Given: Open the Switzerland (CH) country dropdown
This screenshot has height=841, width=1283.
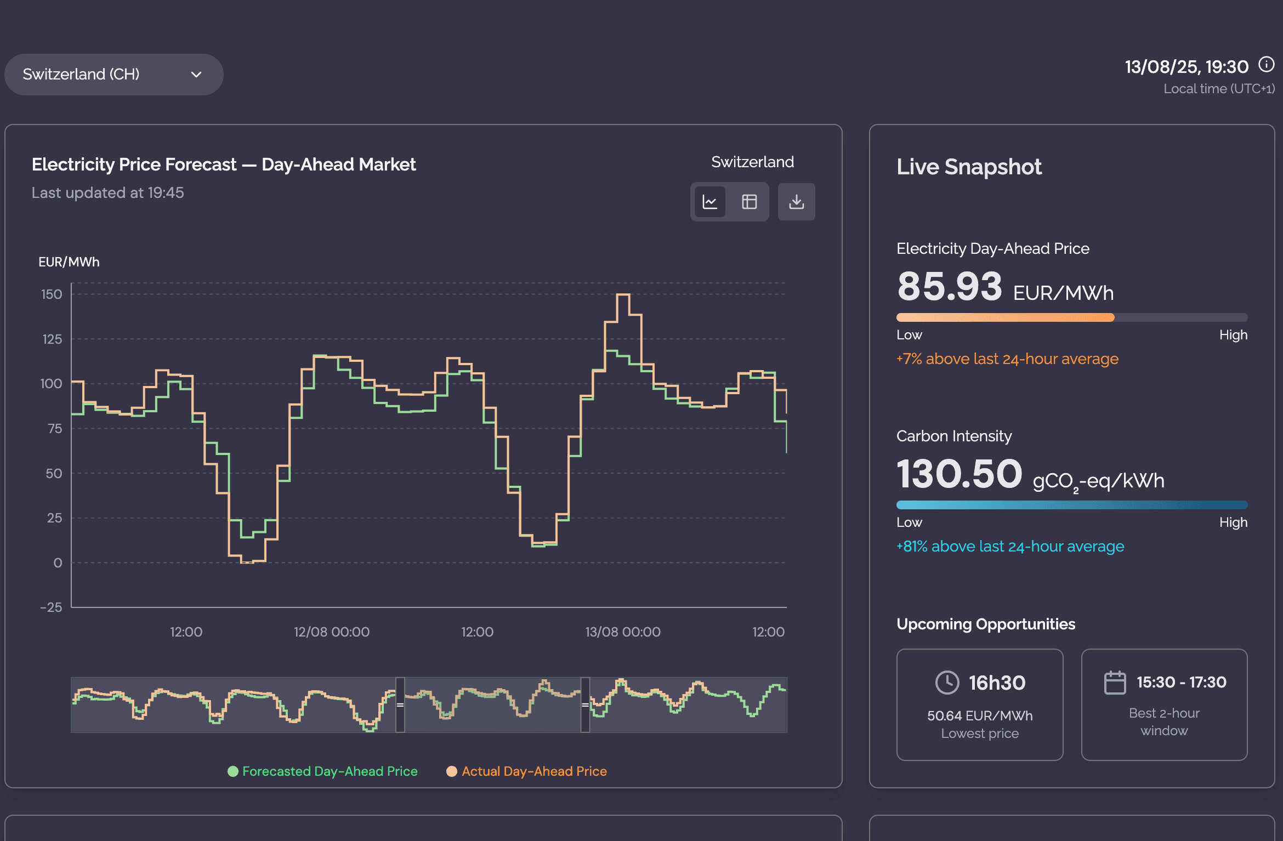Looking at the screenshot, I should tap(113, 75).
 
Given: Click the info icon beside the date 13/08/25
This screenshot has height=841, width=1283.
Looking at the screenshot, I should tap(1266, 65).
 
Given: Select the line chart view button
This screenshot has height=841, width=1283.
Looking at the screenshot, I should tap(710, 202).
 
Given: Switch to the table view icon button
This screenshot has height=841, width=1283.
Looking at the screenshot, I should tap(749, 202).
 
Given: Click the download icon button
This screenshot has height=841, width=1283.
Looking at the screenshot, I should tap(796, 202).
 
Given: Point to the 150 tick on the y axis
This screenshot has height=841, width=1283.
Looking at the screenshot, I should tap(52, 294).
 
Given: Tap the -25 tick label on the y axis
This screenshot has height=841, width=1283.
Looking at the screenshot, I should tap(51, 607).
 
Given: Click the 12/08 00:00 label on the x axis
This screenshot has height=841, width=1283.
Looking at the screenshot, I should tap(331, 632).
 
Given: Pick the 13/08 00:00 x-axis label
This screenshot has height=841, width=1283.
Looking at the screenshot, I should tap(622, 632).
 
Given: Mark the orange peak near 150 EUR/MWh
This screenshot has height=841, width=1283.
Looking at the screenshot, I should tap(623, 295).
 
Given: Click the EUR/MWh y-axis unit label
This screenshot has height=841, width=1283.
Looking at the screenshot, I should tap(69, 262).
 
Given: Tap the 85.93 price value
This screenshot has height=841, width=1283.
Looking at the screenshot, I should tap(949, 287).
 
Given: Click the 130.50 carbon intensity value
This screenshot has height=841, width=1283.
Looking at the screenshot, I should tap(959, 474).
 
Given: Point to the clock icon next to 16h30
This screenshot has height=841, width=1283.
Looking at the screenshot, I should tap(947, 683).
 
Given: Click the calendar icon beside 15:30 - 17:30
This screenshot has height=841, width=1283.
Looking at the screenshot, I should tap(1114, 683).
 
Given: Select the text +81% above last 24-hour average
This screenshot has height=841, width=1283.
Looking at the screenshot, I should tap(1010, 547).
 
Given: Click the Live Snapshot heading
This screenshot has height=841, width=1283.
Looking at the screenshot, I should tap(969, 167).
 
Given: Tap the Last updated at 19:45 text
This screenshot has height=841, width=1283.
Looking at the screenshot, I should tap(107, 193).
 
